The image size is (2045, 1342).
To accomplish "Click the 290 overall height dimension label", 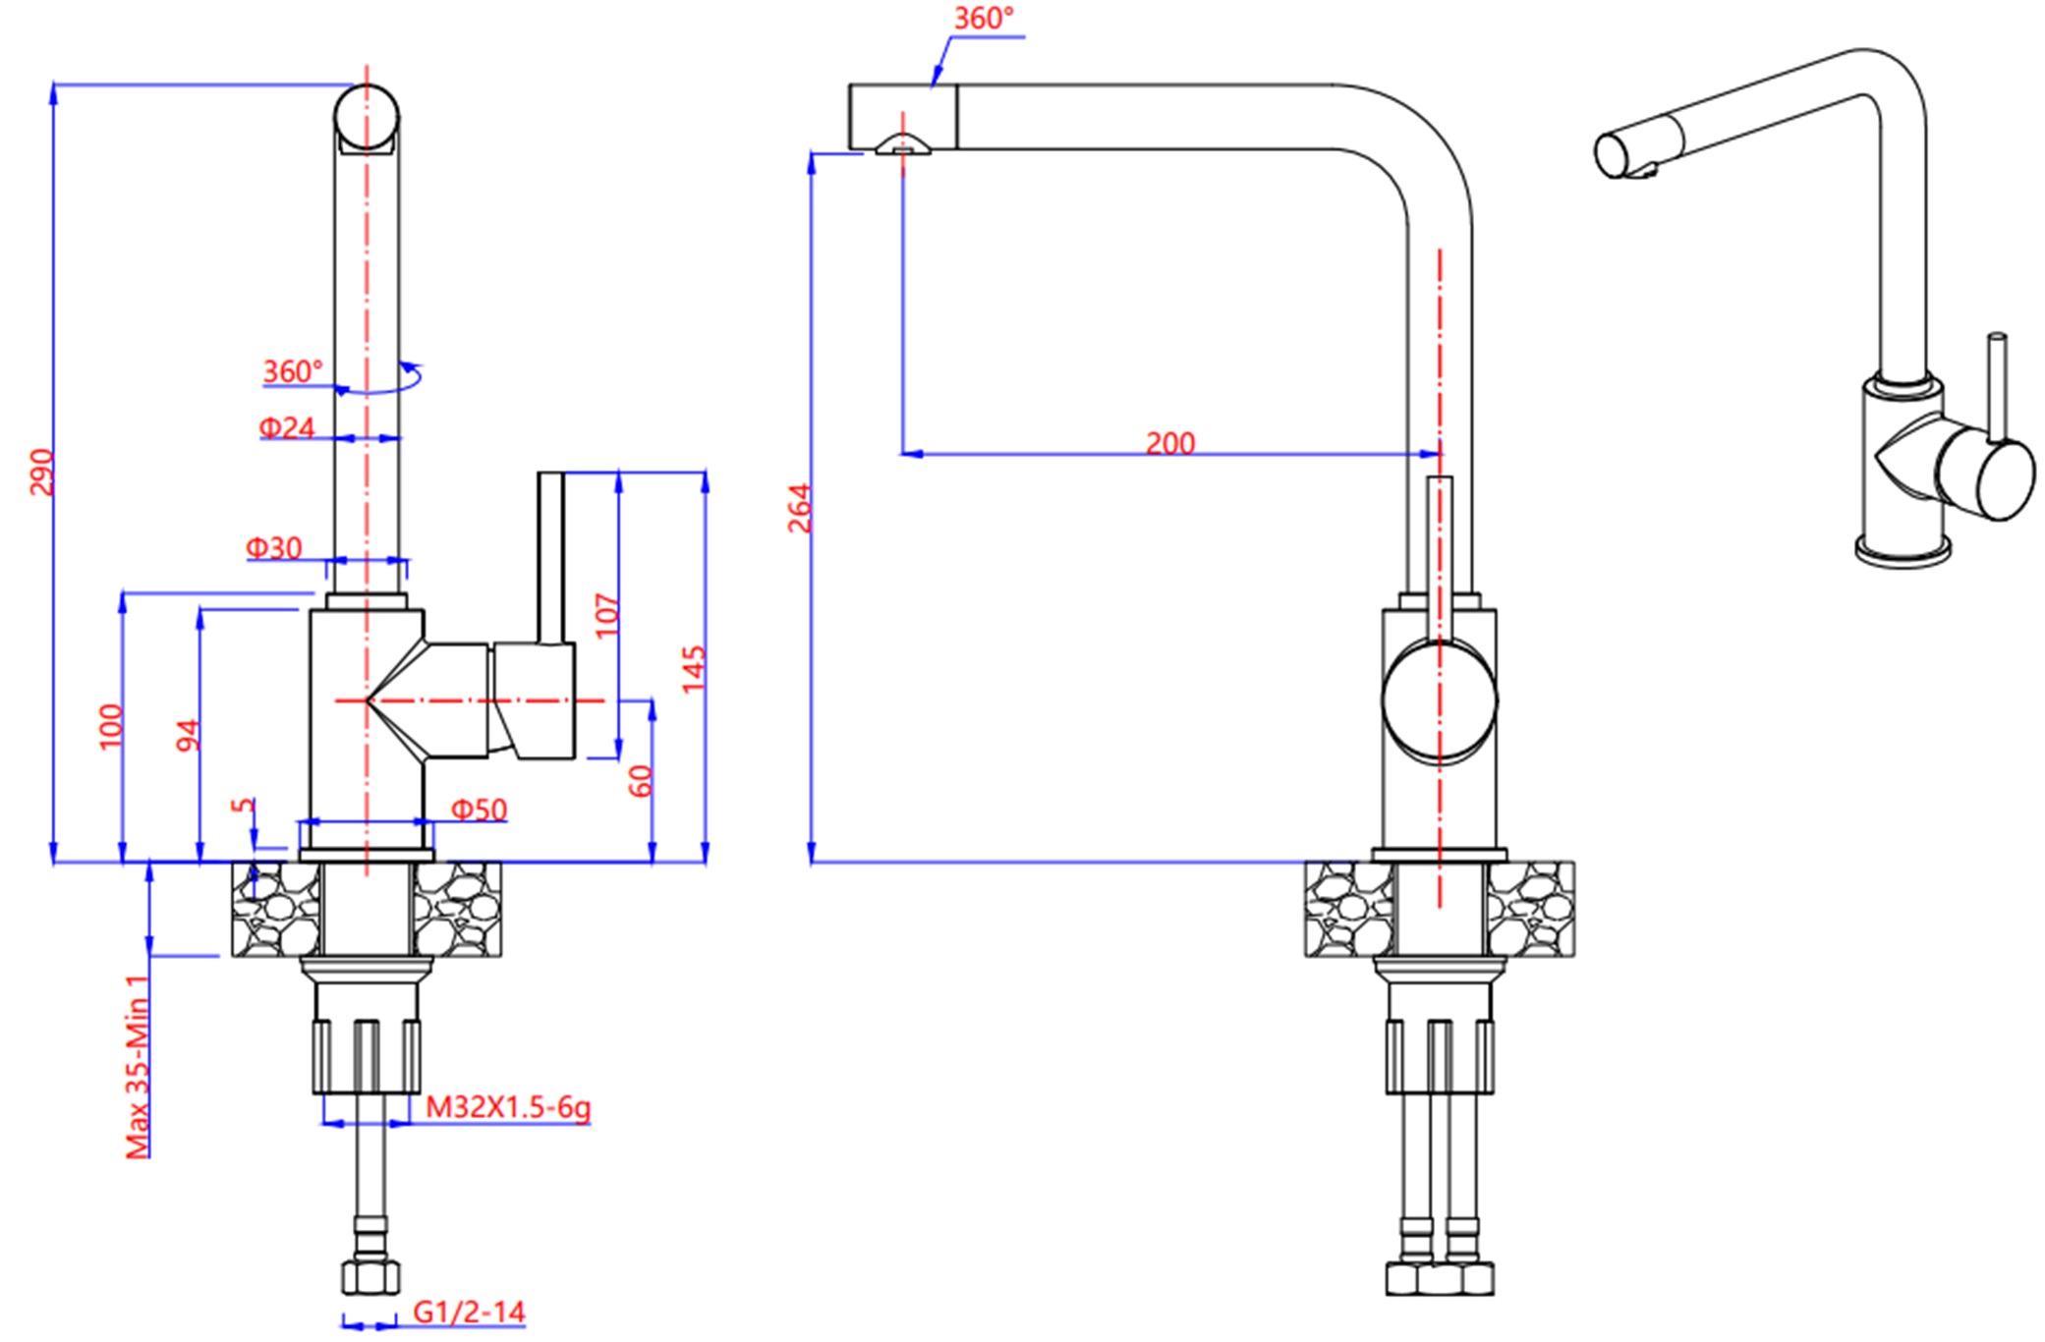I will (41, 472).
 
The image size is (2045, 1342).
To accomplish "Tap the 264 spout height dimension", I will (800, 508).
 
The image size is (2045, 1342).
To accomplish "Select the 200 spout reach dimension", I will (1169, 443).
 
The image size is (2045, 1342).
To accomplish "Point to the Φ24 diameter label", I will (287, 427).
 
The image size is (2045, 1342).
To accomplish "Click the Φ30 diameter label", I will (274, 547).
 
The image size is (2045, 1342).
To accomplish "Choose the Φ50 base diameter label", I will (479, 810).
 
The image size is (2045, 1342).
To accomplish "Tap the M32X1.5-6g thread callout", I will (508, 1107).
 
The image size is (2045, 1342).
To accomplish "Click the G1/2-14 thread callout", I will (469, 1312).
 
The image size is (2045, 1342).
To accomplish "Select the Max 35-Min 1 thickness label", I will (138, 1066).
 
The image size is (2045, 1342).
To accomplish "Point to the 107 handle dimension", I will (608, 614).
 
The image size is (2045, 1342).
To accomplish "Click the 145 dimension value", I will (694, 668).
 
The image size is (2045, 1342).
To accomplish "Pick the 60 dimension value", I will (640, 781).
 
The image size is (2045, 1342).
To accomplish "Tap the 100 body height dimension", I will (111, 726).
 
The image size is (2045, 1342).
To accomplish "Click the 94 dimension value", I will (188, 735).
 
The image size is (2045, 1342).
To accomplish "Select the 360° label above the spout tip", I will (984, 18).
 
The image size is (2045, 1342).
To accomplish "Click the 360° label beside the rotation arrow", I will (292, 371).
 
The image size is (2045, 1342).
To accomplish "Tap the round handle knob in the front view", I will (1439, 699).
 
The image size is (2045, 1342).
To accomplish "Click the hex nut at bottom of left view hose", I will (370, 1277).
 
